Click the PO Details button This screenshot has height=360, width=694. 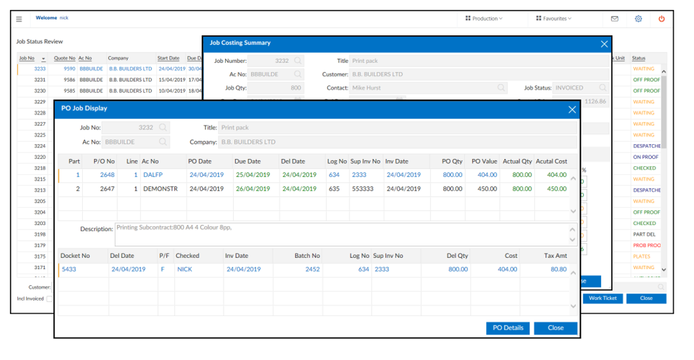click(508, 328)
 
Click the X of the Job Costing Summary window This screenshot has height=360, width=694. click(604, 43)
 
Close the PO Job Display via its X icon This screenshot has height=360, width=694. click(572, 109)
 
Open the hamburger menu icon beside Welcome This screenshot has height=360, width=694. click(19, 19)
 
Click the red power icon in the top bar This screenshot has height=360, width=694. click(661, 19)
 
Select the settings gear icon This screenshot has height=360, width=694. click(638, 19)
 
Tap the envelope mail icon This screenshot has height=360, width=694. click(614, 19)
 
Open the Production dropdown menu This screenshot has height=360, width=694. click(484, 19)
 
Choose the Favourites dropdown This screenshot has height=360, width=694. click(554, 19)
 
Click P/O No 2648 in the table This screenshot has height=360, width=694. click(107, 175)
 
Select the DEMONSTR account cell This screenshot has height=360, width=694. click(160, 189)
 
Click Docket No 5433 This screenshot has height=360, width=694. click(69, 269)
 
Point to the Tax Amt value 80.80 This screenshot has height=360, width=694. click(558, 269)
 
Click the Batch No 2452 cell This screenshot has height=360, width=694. click(312, 269)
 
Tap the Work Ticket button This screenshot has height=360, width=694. click(602, 298)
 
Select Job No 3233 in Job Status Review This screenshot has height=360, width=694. click(40, 69)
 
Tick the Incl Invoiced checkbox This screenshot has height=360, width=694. click(49, 299)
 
